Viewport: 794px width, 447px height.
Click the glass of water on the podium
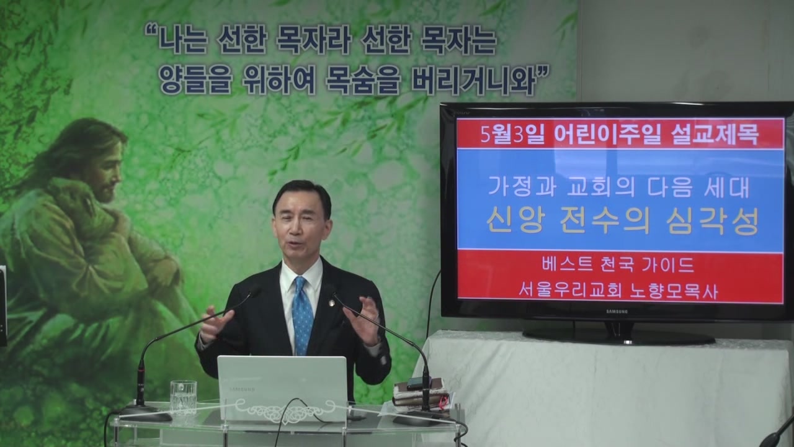pyautogui.click(x=183, y=398)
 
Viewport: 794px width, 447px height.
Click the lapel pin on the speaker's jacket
pyautogui.click(x=331, y=302)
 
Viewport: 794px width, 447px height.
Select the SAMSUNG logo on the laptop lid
pyautogui.click(x=242, y=389)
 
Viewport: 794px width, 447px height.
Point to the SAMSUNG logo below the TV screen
pyautogui.click(x=617, y=312)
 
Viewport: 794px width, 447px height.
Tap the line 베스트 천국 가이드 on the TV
pyautogui.click(x=618, y=265)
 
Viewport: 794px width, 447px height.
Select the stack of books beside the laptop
pyautogui.click(x=420, y=394)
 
